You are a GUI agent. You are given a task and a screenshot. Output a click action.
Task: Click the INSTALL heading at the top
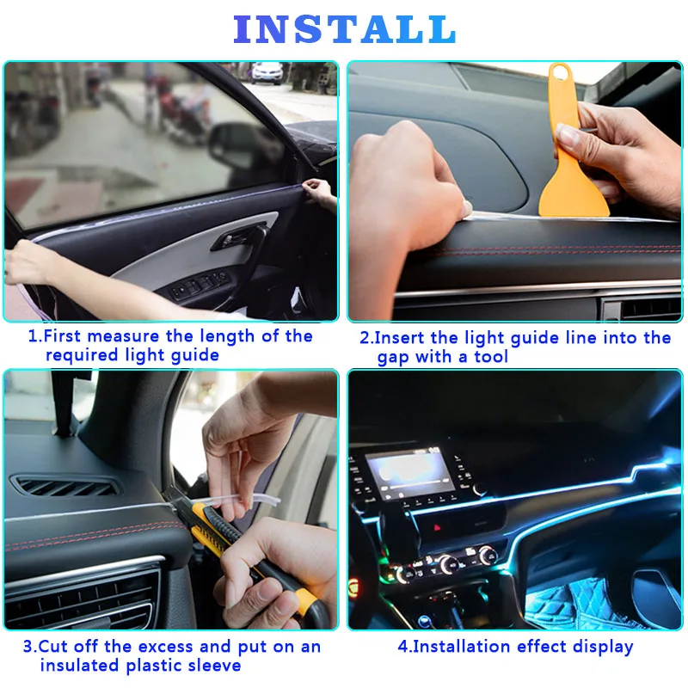coord(344,29)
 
